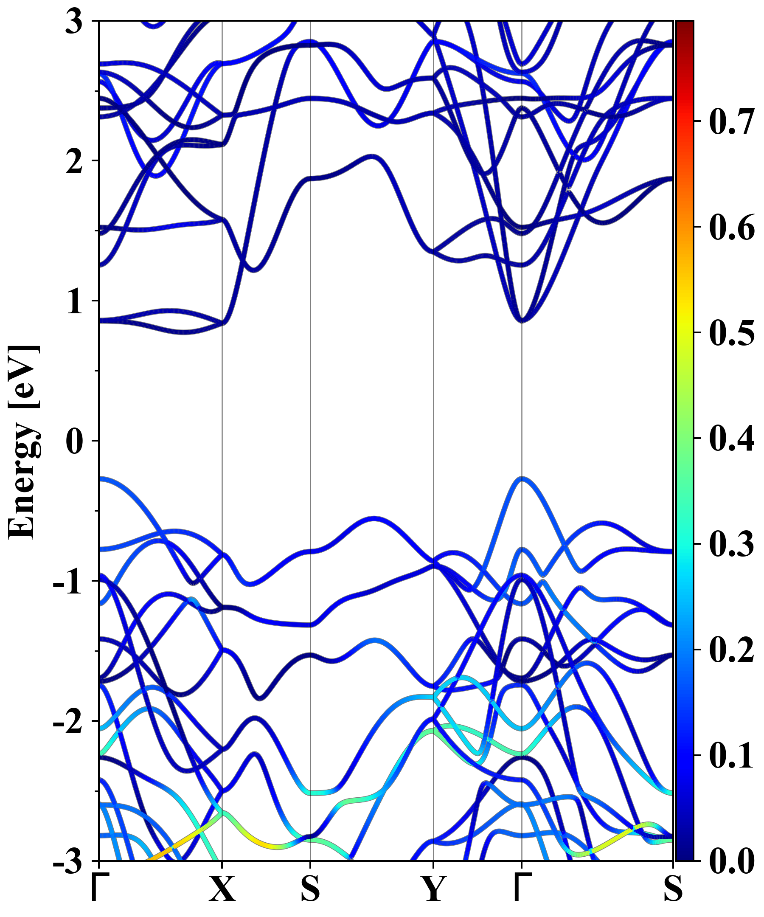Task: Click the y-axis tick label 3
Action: [74, 22]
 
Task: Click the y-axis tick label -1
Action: [68, 582]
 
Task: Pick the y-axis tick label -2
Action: [68, 722]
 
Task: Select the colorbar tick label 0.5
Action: [731, 333]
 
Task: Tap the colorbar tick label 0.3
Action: [731, 544]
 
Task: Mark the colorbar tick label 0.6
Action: [731, 227]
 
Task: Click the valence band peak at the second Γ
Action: [522, 478]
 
